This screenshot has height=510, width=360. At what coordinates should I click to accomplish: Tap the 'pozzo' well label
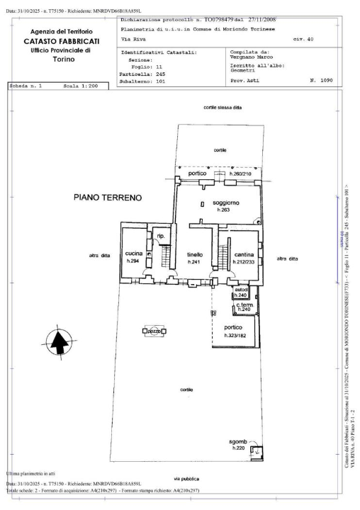[154, 331]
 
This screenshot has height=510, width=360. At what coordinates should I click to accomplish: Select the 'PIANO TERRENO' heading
[108, 197]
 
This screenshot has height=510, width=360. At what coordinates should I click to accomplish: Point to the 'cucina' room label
[133, 254]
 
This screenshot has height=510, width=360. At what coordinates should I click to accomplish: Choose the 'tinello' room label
[195, 254]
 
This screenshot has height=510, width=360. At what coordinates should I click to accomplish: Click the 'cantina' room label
[244, 254]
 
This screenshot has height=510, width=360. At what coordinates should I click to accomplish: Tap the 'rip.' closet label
[161, 235]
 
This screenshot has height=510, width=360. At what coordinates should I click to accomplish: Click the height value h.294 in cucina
[133, 261]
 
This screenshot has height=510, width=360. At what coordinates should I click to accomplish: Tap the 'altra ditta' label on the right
[287, 259]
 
